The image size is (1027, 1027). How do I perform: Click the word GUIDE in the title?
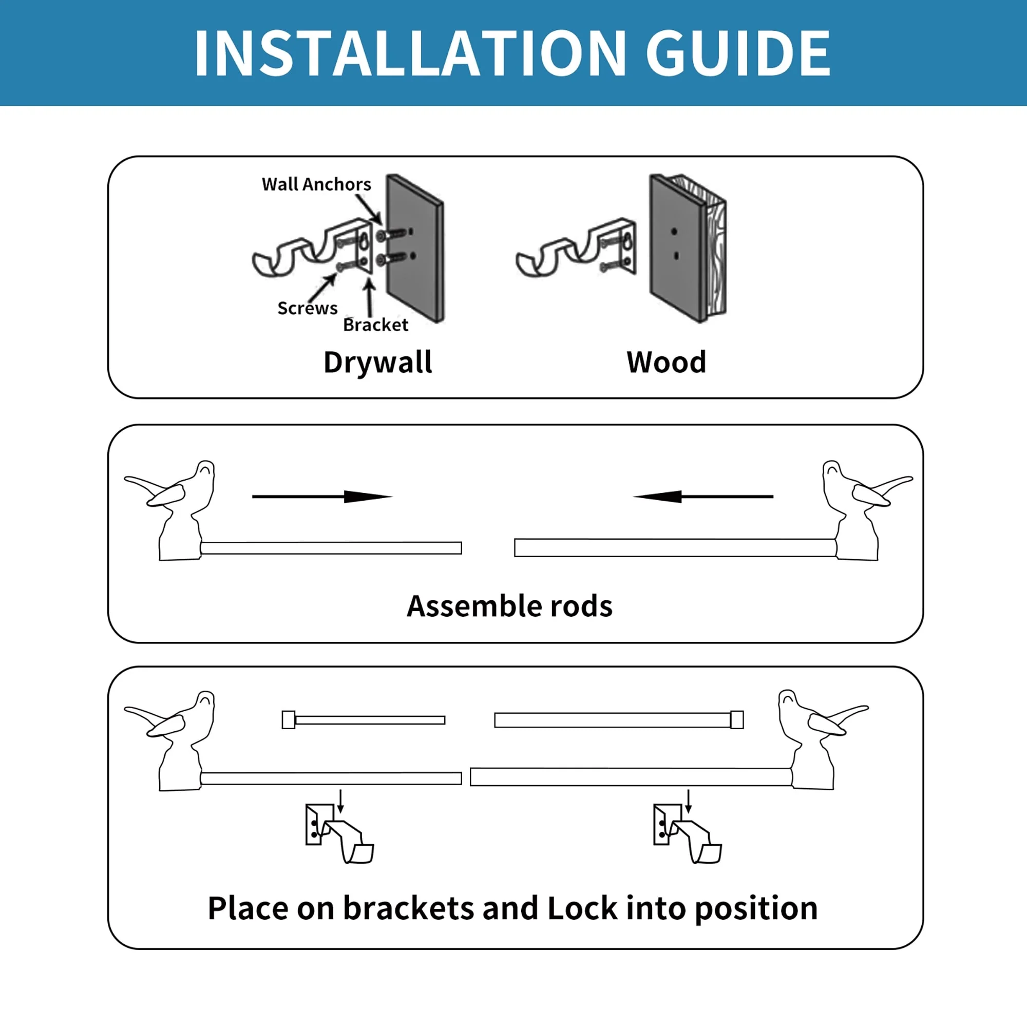(x=737, y=53)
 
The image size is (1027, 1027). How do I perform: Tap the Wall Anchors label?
(x=316, y=184)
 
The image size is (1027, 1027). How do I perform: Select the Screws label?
(x=307, y=308)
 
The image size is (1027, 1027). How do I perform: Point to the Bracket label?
(x=375, y=325)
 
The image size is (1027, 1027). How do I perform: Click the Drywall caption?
(x=377, y=363)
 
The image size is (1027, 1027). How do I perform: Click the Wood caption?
(x=666, y=363)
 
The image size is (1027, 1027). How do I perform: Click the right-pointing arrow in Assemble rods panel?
(x=321, y=497)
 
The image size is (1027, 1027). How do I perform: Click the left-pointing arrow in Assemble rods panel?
(x=703, y=497)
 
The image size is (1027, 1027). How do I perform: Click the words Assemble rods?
(x=509, y=606)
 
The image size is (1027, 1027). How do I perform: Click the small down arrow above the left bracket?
(x=341, y=801)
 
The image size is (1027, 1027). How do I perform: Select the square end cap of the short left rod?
(x=288, y=720)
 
